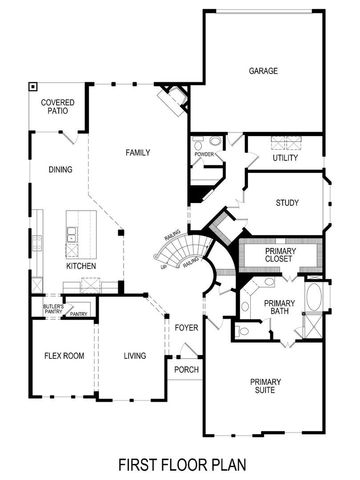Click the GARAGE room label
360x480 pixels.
263,70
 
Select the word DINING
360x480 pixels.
60,170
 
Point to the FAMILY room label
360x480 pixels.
137,152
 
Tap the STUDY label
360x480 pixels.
287,203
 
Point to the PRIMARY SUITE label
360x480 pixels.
271,385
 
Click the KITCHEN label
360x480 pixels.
81,267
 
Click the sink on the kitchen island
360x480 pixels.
74,236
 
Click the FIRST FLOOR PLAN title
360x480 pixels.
180,463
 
